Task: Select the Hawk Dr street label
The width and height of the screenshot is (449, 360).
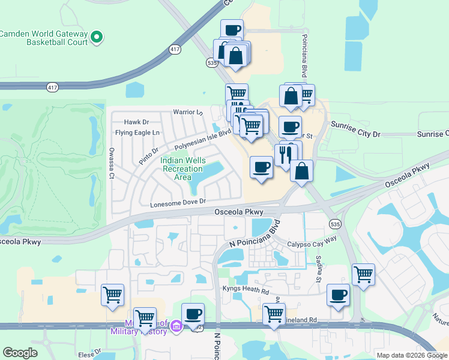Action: click(x=136, y=122)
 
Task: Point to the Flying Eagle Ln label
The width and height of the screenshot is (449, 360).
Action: click(x=139, y=133)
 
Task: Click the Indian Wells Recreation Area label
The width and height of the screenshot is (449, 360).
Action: click(x=183, y=169)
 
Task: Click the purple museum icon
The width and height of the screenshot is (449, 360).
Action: click(x=176, y=327)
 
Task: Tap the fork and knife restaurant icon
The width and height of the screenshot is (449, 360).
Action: click(x=285, y=154)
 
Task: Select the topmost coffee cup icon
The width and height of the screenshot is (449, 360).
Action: click(x=232, y=29)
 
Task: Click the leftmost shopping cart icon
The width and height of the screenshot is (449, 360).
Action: click(x=112, y=295)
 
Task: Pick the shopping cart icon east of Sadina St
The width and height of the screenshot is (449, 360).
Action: click(x=363, y=274)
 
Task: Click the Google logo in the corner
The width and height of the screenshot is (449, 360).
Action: click(x=20, y=353)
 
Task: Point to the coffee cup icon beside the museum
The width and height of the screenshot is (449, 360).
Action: click(x=193, y=313)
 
